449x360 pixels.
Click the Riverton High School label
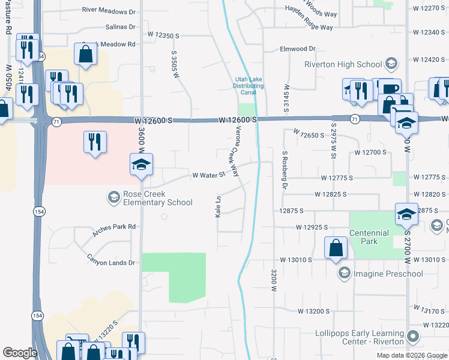point(343,64)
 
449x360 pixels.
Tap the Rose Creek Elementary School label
point(158,198)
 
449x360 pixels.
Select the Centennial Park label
point(370,236)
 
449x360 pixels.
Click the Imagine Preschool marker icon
point(344,274)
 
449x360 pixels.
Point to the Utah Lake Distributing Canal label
point(249,86)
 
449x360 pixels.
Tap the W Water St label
point(208,175)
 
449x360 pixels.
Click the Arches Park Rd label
point(114,227)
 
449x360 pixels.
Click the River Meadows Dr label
point(109,11)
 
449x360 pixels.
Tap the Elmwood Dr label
point(297,49)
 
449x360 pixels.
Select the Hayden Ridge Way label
point(309,28)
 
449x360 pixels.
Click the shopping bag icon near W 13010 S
point(335,247)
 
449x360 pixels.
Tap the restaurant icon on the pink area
point(95,142)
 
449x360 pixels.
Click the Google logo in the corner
point(20,353)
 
